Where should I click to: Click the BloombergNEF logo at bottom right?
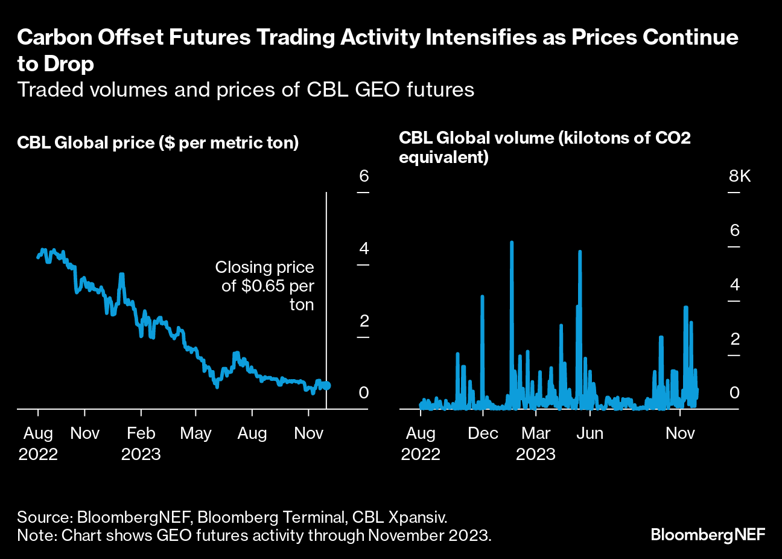coord(708,534)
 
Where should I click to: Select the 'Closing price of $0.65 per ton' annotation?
coord(265,286)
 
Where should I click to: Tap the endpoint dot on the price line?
coord(326,385)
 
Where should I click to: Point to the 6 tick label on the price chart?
coord(363,176)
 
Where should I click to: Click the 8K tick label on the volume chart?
coord(740,176)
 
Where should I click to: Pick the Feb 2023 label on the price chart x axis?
coord(141,443)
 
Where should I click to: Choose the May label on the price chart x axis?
coord(195,433)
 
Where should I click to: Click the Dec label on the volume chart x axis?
coord(483,433)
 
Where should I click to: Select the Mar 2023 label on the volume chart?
coord(536,443)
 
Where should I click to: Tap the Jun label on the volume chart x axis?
coord(590,433)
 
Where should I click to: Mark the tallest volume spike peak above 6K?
coord(512,243)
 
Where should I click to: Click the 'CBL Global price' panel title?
coord(158,143)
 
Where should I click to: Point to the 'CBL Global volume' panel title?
coord(544,147)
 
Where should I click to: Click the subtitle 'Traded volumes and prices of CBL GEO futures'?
coord(246,89)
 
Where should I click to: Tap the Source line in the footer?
coord(232,517)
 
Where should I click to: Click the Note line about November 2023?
coord(254,535)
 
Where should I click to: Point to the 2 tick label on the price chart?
coord(363,321)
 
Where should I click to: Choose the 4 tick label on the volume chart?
coord(734,285)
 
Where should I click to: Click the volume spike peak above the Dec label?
coord(483,296)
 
